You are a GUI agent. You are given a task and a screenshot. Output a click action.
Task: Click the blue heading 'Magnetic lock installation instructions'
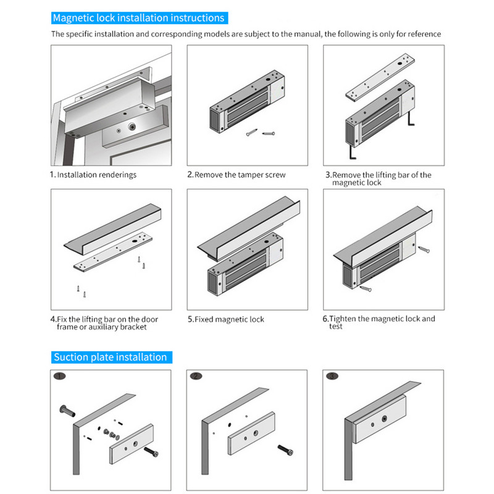point(138,19)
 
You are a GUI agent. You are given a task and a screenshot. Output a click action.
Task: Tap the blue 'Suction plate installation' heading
point(110,357)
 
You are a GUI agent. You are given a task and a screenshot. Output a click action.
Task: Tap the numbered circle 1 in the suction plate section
point(59,376)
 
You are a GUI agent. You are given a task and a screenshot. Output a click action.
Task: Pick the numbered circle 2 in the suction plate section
point(196,376)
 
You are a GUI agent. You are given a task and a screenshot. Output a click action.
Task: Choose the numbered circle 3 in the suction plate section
point(333,376)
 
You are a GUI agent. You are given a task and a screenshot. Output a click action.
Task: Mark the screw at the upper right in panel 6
point(424,250)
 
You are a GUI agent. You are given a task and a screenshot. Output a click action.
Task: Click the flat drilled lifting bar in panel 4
point(111,251)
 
